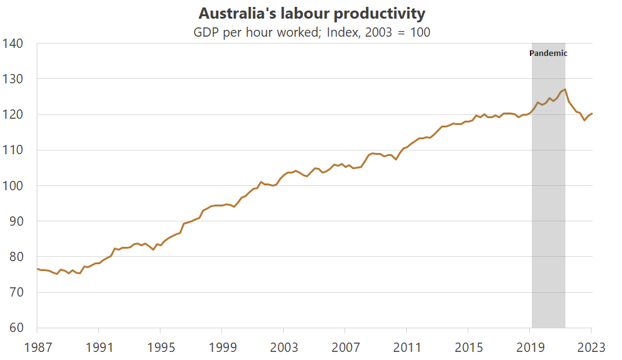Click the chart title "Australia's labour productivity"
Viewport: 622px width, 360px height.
coord(312,13)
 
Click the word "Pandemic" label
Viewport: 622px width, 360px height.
coord(548,53)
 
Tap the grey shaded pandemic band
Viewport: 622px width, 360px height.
coord(548,218)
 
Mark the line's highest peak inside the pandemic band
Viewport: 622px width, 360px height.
coord(564,90)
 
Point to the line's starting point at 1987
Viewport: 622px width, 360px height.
coord(38,269)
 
